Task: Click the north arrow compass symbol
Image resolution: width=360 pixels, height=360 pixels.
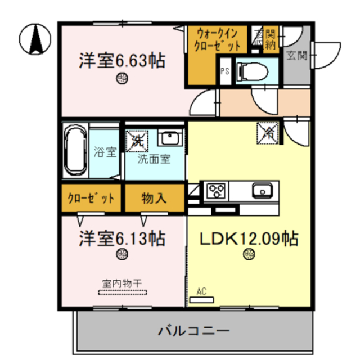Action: point(33,40)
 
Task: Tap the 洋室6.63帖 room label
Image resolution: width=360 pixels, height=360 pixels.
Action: point(122,60)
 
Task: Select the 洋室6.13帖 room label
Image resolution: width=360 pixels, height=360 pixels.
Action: point(122,238)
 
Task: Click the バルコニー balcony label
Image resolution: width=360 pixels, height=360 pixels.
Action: point(192,330)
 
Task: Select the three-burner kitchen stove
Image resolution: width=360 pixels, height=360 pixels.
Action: point(215,192)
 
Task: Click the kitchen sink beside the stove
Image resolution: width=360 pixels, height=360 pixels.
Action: point(262,191)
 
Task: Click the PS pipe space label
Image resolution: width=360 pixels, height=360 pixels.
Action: point(224,71)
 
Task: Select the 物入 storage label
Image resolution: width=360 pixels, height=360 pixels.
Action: point(154,198)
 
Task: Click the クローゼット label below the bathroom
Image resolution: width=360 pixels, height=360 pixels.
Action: point(91,198)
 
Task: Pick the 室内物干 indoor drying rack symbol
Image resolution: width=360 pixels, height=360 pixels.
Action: point(123,292)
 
